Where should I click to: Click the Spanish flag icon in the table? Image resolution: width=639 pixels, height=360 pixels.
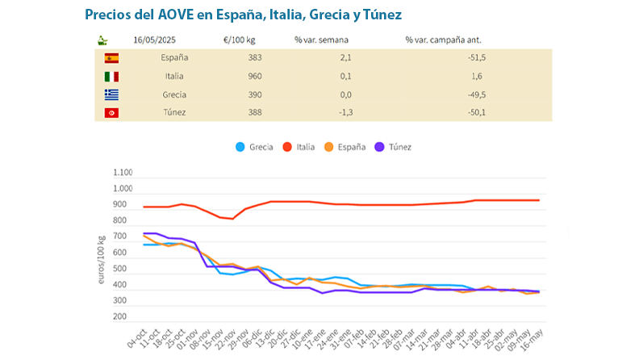111,58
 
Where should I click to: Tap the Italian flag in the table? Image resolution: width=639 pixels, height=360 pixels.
111,77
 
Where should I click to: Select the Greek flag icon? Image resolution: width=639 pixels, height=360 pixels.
111,94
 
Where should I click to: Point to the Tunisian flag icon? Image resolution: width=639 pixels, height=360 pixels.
111,112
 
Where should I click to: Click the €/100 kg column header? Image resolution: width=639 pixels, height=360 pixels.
240,40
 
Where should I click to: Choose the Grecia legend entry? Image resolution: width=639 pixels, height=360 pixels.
254,147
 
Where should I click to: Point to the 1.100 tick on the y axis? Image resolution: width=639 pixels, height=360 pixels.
123,173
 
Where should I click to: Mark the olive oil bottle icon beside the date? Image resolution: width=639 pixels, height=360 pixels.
102,40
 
